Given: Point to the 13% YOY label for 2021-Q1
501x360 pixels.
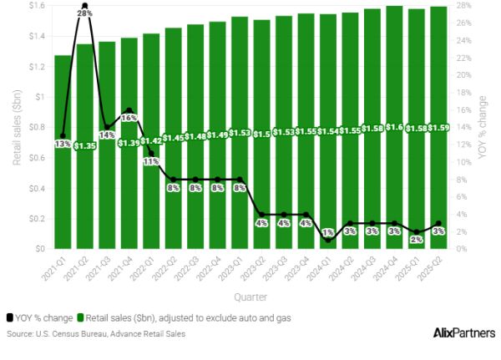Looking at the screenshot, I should point(63,144).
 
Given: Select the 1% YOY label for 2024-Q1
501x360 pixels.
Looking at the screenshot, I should point(328,232).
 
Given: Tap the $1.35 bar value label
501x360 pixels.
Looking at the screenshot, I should point(86,146).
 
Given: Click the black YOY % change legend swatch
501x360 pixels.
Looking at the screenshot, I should point(9,318).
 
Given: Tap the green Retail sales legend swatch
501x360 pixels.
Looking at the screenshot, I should point(81,318).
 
